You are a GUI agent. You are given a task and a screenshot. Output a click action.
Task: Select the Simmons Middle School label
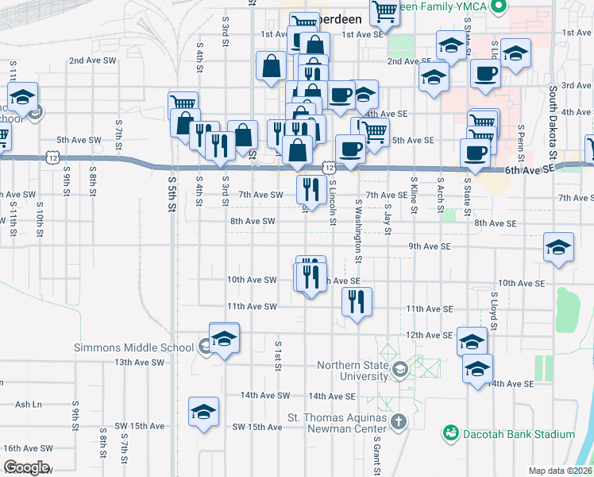pyautogui.click(x=133, y=347)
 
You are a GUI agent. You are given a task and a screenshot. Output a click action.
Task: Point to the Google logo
pyautogui.click(x=26, y=467)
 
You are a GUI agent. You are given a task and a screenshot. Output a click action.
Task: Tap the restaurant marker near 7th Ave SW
pyautogui.click(x=310, y=189)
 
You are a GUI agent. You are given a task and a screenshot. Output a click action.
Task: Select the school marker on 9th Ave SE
pyautogui.click(x=558, y=247)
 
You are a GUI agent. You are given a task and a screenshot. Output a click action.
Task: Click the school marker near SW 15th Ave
pyautogui.click(x=203, y=413)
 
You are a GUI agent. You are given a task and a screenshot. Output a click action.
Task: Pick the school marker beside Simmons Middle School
pyautogui.click(x=224, y=338)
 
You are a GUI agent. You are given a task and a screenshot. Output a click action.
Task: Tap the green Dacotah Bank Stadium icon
pyautogui.click(x=451, y=433)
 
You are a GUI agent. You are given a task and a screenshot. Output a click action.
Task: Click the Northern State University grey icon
pyautogui.click(x=399, y=366)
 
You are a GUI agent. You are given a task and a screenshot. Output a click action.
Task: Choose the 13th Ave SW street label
pyautogui.click(x=139, y=363)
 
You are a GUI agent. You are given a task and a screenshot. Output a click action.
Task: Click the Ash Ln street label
pyautogui.click(x=28, y=404)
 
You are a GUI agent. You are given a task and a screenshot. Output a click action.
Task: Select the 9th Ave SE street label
pyautogui.click(x=430, y=247)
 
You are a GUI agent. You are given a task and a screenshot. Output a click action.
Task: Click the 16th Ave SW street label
pyautogui.click(x=28, y=449)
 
